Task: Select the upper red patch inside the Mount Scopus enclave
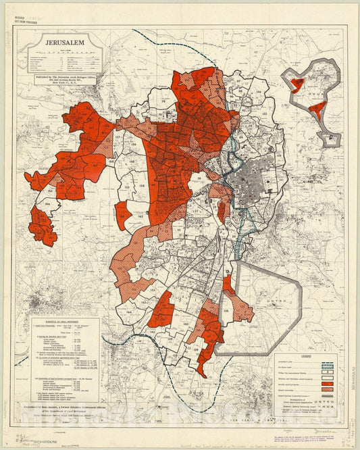pyautogui.click(x=297, y=83)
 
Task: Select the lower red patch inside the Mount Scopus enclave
pyautogui.click(x=317, y=109)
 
